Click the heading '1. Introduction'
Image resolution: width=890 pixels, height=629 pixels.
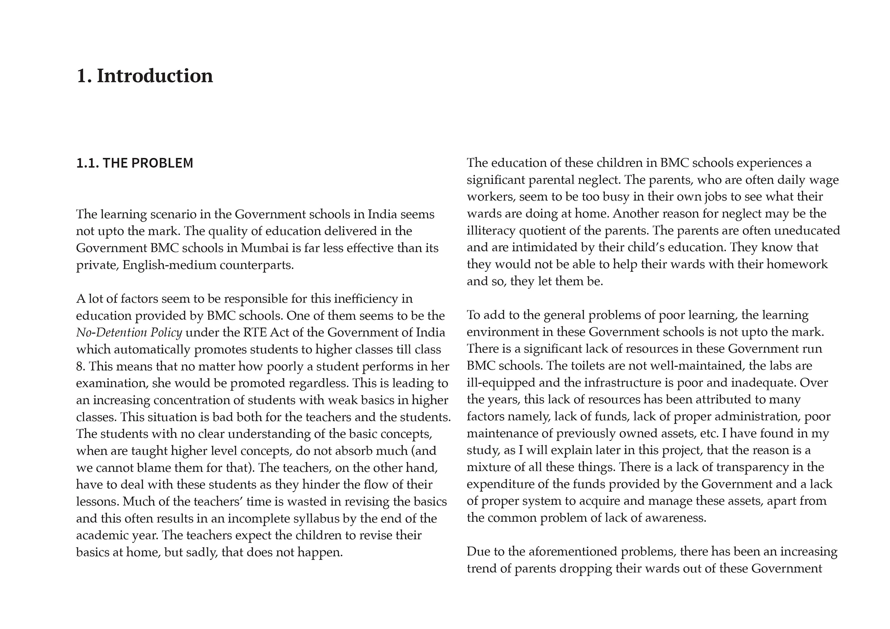click(145, 76)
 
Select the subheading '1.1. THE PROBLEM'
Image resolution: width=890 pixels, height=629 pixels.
click(135, 163)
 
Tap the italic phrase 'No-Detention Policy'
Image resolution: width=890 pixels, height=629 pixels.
click(129, 333)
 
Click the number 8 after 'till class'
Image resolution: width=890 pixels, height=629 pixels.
click(79, 367)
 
